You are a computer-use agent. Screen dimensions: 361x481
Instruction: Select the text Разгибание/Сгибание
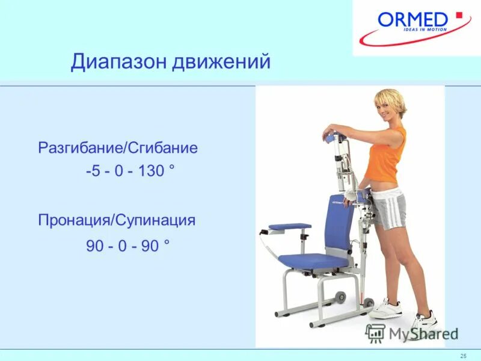coord(118,148)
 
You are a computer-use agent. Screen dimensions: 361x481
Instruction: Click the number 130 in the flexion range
coord(150,171)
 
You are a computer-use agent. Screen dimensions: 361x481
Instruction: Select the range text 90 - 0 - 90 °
coord(128,247)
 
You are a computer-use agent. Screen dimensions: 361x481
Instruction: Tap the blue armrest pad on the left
coord(290,227)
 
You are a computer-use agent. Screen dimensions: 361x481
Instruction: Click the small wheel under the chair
coord(340,297)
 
